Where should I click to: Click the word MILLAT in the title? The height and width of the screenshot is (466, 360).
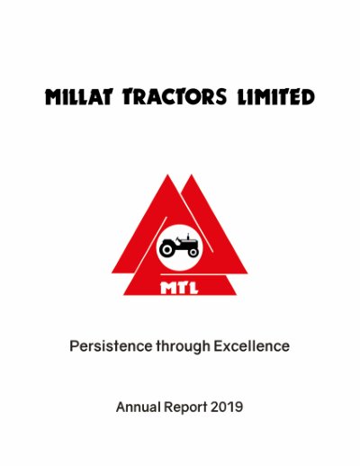point(78,96)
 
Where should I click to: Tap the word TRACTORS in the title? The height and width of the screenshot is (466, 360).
point(175,96)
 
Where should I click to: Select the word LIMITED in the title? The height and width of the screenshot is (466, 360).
point(276,96)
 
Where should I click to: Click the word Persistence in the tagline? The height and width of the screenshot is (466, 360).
point(111,346)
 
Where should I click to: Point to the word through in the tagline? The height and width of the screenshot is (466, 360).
point(183,347)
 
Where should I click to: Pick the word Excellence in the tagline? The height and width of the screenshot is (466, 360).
point(252,346)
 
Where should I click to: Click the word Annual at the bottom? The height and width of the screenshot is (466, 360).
point(139,408)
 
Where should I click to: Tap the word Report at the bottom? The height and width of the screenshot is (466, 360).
point(185,408)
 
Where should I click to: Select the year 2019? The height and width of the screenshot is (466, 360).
point(227,408)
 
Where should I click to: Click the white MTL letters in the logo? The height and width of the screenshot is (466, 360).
point(179,288)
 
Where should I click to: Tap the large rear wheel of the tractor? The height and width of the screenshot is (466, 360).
point(167,249)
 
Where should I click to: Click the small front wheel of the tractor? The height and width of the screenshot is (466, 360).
point(193,253)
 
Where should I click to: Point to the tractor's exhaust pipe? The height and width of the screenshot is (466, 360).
point(188,237)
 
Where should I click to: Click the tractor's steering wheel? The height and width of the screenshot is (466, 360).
point(177,239)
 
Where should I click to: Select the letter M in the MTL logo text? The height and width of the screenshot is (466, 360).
point(167,288)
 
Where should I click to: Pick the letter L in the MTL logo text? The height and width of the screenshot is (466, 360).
point(193,288)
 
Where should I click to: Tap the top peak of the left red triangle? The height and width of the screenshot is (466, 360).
point(167,175)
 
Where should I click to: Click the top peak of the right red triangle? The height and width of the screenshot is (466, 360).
point(191,175)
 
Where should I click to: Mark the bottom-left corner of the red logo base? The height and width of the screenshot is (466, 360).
point(123,295)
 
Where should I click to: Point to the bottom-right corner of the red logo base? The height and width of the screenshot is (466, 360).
point(237,295)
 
